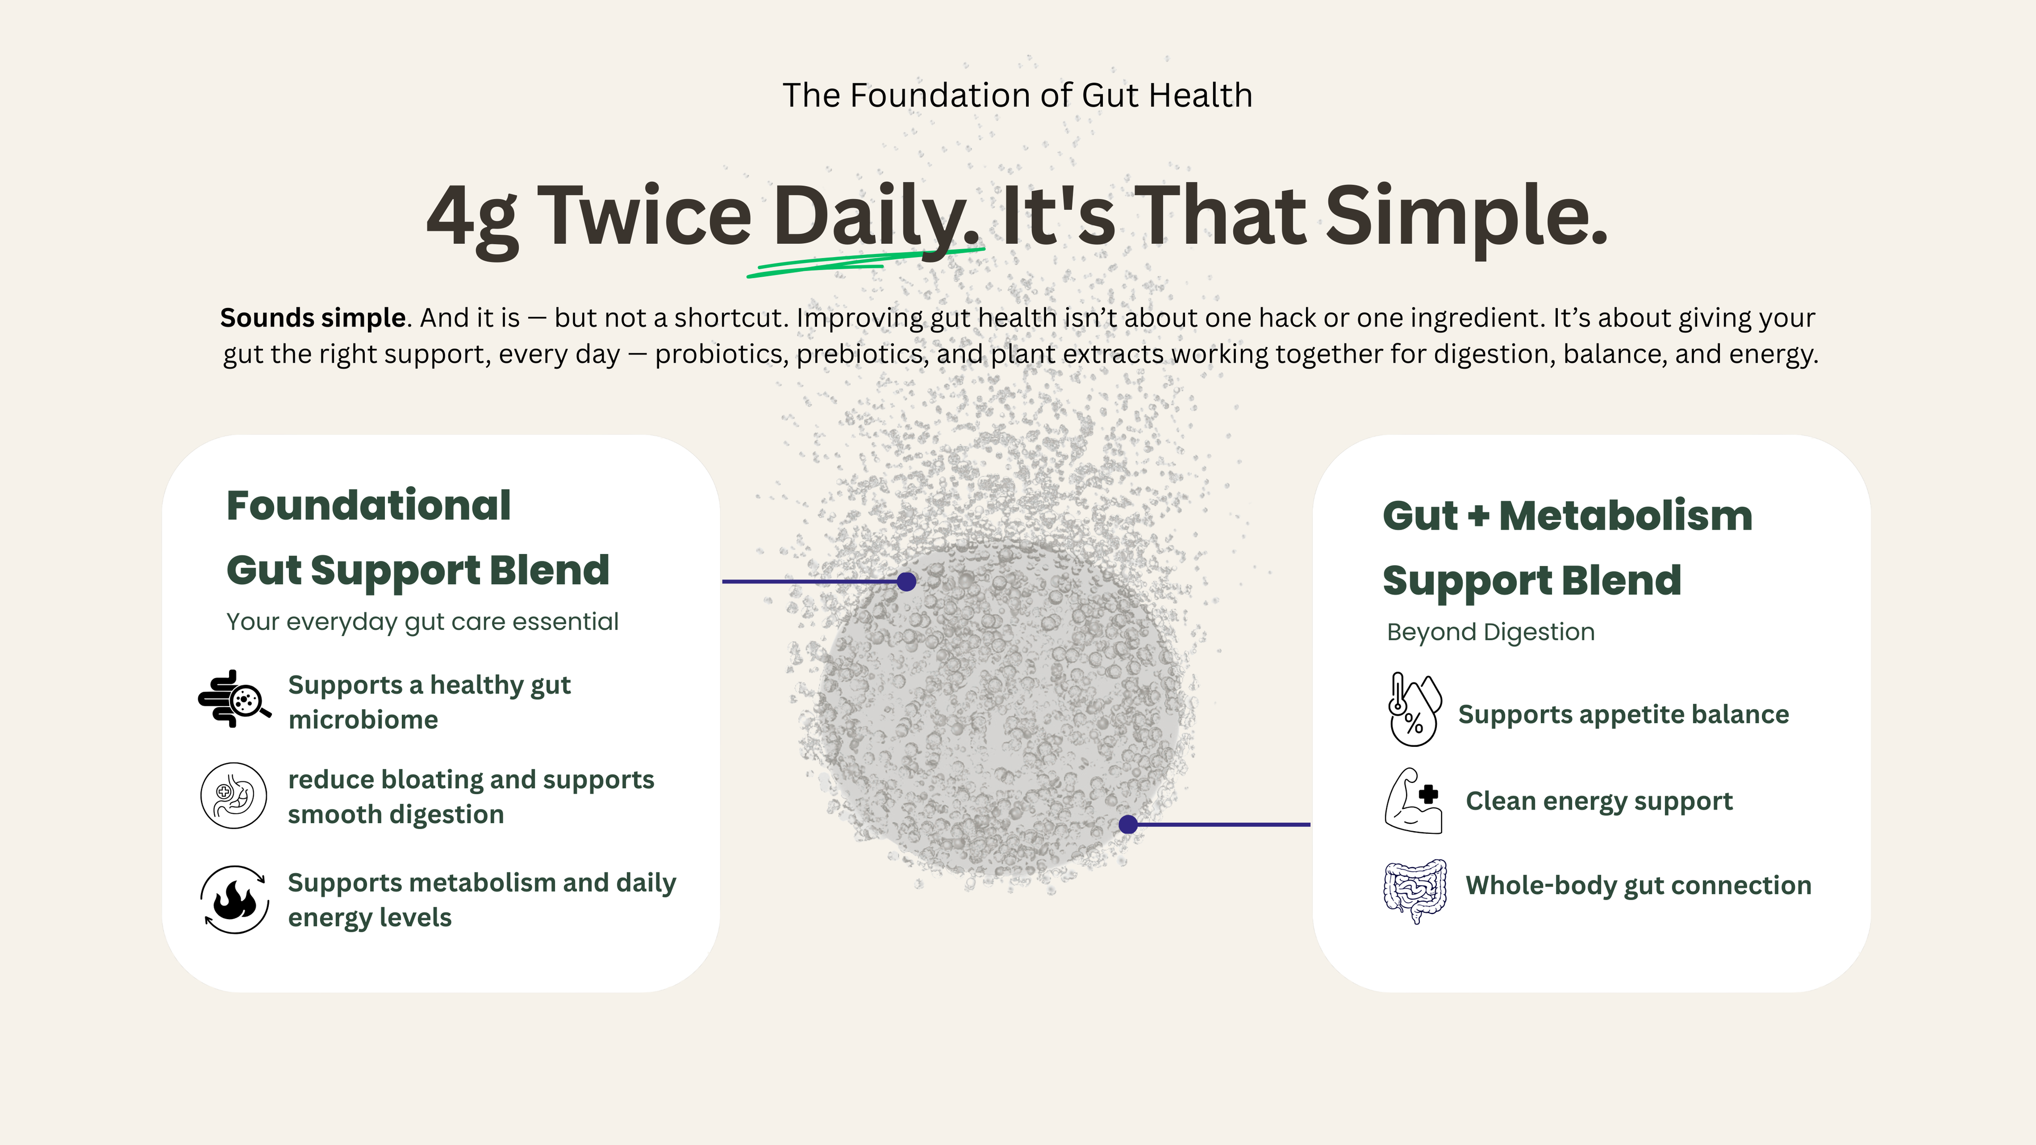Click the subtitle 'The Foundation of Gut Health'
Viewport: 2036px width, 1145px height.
click(x=1017, y=95)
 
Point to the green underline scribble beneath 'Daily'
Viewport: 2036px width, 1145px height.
click(x=865, y=261)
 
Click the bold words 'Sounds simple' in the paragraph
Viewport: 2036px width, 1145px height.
click(x=313, y=318)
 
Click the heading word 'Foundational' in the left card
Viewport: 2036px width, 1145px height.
click(x=368, y=505)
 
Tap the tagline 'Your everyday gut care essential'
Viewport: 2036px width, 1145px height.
click(x=422, y=622)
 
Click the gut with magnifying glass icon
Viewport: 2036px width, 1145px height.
click(x=234, y=699)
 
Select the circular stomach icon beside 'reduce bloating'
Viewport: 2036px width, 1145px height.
click(x=233, y=796)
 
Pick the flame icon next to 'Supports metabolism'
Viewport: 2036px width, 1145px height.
click(x=234, y=899)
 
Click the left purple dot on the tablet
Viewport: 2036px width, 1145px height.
click(x=907, y=582)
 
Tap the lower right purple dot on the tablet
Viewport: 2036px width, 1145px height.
click(x=1129, y=825)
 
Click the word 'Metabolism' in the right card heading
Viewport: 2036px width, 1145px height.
click(x=1625, y=515)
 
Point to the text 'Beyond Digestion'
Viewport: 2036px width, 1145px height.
click(x=1490, y=632)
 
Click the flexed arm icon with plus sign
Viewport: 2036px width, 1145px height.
click(x=1413, y=800)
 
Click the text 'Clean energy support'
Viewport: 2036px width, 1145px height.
click(x=1599, y=801)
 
